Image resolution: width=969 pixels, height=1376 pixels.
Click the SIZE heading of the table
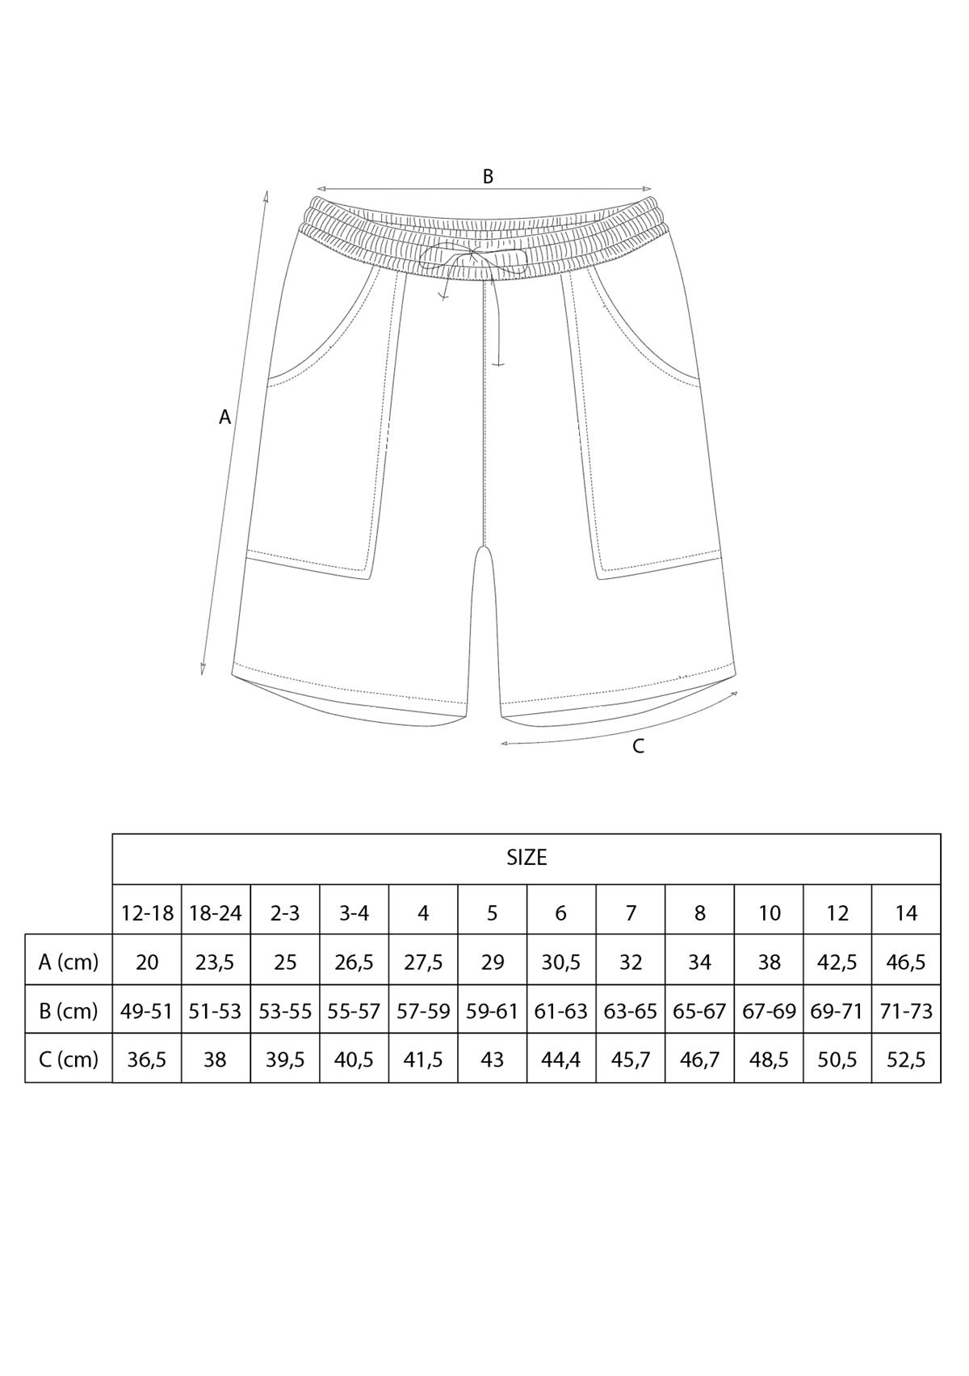coord(526,858)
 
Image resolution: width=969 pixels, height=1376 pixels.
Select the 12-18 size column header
coord(147,912)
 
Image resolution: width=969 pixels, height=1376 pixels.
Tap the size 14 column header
coord(906,912)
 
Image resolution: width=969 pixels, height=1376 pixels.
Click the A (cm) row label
coord(69,962)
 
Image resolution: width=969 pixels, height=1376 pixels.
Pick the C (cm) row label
coord(69,1059)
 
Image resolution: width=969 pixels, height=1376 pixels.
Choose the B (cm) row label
coord(69,1010)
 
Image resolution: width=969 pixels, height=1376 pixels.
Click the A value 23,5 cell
coord(215,962)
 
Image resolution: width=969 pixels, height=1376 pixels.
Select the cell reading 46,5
coord(906,962)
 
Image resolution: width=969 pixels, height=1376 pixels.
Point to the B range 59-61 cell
coord(492,1010)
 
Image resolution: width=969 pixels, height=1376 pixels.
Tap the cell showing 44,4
coord(560,1059)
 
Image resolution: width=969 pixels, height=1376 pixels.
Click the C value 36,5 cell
coord(147,1059)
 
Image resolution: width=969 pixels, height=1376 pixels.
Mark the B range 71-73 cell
coord(906,1010)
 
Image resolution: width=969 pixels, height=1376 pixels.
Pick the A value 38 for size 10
coord(769,962)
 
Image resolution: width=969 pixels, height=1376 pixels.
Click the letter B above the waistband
coord(488,176)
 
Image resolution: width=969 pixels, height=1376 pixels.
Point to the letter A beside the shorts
coord(225,417)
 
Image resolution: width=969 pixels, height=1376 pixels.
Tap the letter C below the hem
coord(638,747)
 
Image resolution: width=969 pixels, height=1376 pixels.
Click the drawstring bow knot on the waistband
coord(472,257)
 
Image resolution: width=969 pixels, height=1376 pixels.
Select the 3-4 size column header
coord(354,912)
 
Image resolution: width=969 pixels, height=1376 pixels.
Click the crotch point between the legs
coord(484,549)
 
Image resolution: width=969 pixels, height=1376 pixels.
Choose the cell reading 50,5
coord(837,1059)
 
